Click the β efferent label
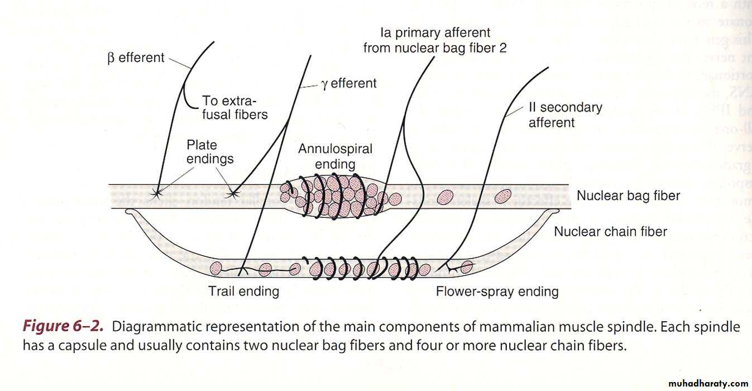[136, 57]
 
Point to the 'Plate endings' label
[210, 152]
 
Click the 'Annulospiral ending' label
[335, 156]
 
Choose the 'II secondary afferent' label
[565, 115]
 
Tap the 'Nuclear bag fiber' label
[628, 196]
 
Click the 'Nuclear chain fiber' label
[610, 231]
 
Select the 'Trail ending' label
[243, 291]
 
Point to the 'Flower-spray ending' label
[497, 291]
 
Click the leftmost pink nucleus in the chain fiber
[216, 269]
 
